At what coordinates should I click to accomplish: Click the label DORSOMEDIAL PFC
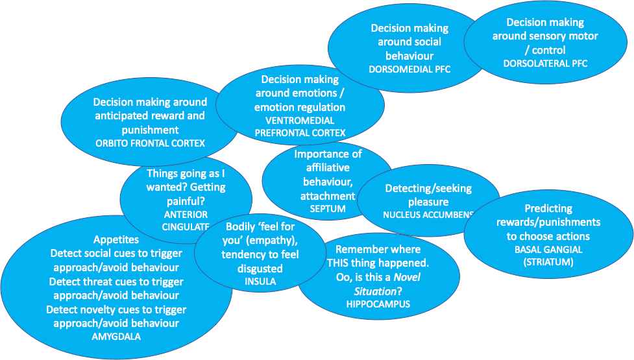[x=409, y=69]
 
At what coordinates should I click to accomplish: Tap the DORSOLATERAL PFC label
[x=545, y=63]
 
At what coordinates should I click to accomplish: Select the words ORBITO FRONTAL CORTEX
[x=150, y=143]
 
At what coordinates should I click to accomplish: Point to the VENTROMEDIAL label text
[x=299, y=121]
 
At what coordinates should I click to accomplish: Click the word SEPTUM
[x=328, y=208]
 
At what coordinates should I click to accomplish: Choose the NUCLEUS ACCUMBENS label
[x=428, y=214]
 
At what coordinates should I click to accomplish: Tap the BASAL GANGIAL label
[x=548, y=250]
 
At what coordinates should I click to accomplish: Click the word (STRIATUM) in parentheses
[x=548, y=262]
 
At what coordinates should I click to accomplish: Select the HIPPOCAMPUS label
[x=378, y=304]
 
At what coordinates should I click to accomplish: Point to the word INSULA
[x=260, y=282]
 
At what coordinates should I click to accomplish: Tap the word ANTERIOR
[x=186, y=214]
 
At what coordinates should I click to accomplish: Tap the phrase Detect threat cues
[x=90, y=282]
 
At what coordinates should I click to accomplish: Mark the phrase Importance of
[x=328, y=154]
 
